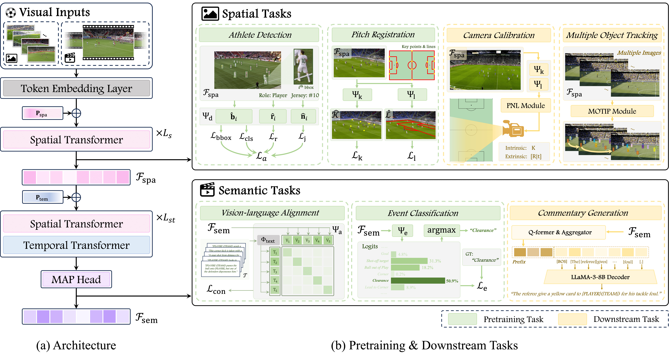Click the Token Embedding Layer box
[x=76, y=88]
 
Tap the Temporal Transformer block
[x=76, y=245]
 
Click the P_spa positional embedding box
[x=42, y=113]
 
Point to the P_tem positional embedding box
[x=42, y=197]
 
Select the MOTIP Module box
[x=612, y=111]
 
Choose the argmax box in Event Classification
[x=442, y=230]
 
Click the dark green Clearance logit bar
[x=418, y=281]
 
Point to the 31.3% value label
[x=435, y=261]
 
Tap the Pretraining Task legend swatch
[x=462, y=319]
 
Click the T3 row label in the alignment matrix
[x=275, y=271]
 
